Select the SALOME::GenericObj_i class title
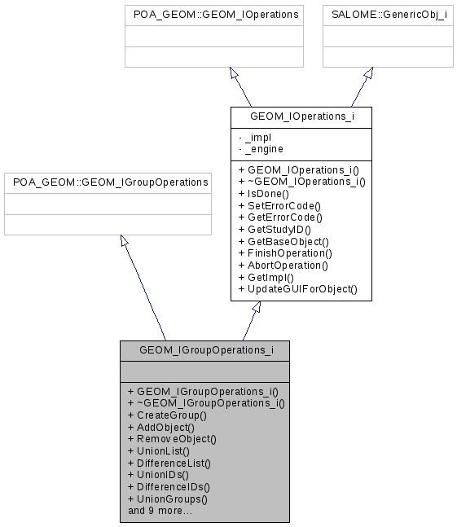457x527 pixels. [389, 15]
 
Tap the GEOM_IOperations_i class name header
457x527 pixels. [301, 116]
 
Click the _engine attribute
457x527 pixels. [260, 149]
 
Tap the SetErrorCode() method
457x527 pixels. [279, 206]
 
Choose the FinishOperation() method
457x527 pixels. [285, 253]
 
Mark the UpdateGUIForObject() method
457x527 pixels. [297, 289]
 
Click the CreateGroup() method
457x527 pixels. [167, 415]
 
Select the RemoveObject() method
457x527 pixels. [172, 438]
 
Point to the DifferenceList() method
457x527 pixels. [169, 463]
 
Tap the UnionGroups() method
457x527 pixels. [167, 498]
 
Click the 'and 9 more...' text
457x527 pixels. [160, 511]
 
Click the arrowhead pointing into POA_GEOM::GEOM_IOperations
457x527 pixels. [234, 73]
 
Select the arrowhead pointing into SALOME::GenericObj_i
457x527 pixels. [368, 73]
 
